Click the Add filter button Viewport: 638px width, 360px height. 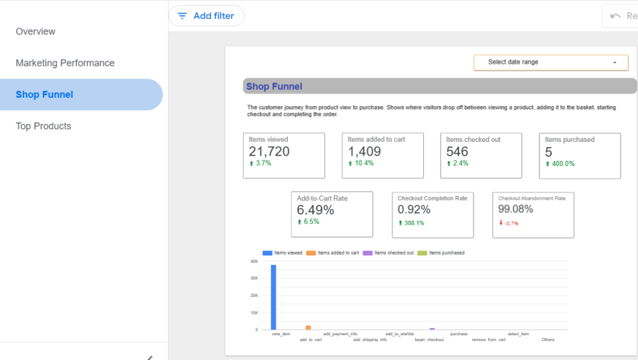pos(206,16)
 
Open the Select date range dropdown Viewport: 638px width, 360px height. pos(551,62)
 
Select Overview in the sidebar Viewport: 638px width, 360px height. pos(35,31)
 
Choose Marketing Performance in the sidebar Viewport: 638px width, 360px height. pos(65,63)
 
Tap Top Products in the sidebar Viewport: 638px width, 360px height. pos(44,126)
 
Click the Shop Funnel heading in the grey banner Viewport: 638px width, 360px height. pos(274,86)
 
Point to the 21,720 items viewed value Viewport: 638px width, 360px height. pos(269,151)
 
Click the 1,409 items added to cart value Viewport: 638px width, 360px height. pos(364,151)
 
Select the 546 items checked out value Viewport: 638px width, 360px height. pos(457,152)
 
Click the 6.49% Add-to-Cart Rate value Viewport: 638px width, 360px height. pos(315,210)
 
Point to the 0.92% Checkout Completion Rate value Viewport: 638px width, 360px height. pos(414,210)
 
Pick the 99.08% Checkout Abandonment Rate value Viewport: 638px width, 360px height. pos(516,209)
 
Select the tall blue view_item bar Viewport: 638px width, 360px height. pos(273,297)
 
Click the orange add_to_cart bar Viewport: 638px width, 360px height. pos(309,327)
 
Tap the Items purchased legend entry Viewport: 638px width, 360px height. pos(441,253)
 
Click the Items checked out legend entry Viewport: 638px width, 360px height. pos(388,253)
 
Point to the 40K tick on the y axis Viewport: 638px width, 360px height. pos(255,262)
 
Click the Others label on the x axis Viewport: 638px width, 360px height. pos(548,340)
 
